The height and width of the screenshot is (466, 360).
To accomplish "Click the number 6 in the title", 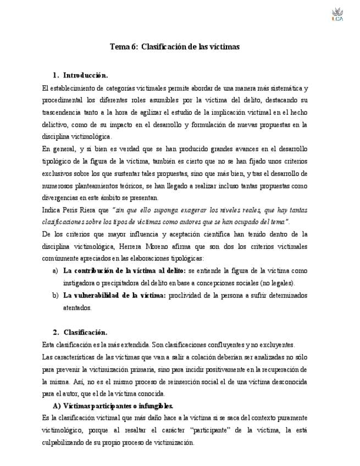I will tap(134, 47).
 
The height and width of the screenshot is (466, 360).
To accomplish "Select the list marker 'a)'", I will tap(55, 271).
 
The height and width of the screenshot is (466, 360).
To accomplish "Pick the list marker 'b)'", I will tap(55, 296).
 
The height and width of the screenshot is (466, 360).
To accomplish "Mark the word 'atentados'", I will tap(76, 308).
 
